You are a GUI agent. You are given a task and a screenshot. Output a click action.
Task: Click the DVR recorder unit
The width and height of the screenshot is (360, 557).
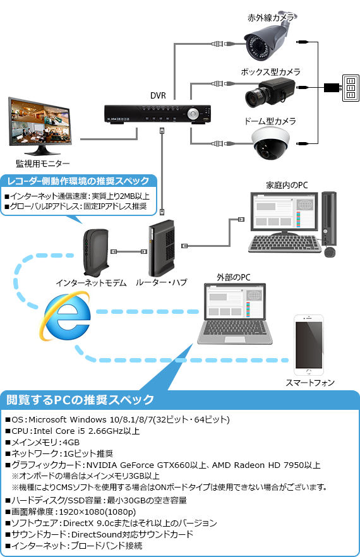pyautogui.click(x=157, y=114)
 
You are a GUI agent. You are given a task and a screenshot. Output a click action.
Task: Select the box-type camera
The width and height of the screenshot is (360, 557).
pyautogui.click(x=270, y=92)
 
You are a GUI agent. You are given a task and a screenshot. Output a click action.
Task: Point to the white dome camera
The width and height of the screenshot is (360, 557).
pyautogui.click(x=271, y=143)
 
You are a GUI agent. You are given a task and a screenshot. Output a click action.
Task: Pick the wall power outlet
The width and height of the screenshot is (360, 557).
pyautogui.click(x=351, y=88)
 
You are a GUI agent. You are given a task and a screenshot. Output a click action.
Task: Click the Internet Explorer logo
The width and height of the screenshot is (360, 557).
pyautogui.click(x=66, y=316)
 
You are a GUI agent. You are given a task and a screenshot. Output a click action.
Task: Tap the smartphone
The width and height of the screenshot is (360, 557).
pyautogui.click(x=309, y=345)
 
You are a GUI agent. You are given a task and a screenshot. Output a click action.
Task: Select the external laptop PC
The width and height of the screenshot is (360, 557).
pyautogui.click(x=234, y=313)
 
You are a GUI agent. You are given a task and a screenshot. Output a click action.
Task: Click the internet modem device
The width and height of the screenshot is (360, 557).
pyautogui.click(x=96, y=253)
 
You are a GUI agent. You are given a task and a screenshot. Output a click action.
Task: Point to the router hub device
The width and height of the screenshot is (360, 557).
pyautogui.click(x=162, y=248)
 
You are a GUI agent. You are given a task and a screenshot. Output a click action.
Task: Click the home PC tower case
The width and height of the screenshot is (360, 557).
pyautogui.click(x=329, y=219)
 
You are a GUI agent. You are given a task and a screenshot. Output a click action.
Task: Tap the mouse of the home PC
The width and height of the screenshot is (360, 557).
pyautogui.click(x=330, y=252)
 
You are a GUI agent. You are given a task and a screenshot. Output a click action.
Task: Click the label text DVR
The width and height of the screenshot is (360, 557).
pyautogui.click(x=158, y=95)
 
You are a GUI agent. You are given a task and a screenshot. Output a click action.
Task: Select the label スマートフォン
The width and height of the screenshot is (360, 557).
pyautogui.click(x=310, y=383)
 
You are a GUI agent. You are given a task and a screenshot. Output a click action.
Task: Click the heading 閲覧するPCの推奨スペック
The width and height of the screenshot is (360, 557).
pyautogui.click(x=80, y=400)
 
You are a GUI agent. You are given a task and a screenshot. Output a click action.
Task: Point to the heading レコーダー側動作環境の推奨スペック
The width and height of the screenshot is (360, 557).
pyautogui.click(x=78, y=181)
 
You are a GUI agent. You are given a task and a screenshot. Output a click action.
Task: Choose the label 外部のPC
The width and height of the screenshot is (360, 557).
pyautogui.click(x=234, y=277)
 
